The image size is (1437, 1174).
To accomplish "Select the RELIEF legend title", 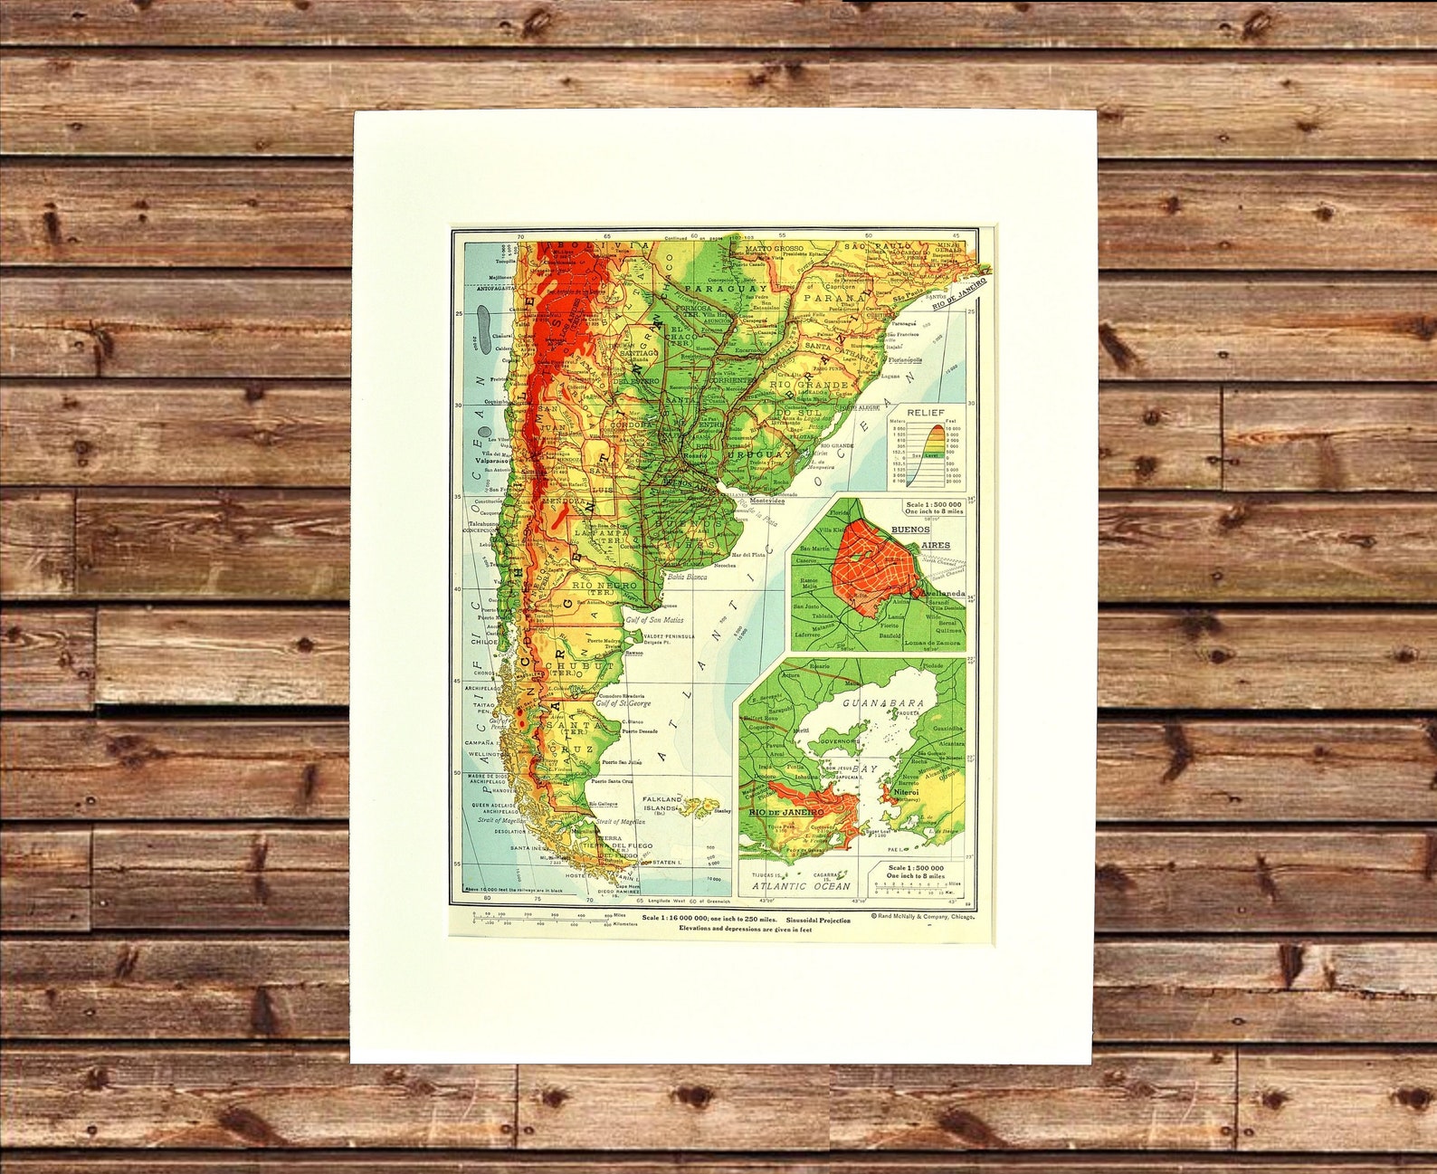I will (x=925, y=413).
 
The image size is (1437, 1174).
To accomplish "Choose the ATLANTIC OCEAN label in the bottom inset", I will (x=802, y=886).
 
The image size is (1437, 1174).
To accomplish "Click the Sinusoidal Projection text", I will (x=818, y=918).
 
